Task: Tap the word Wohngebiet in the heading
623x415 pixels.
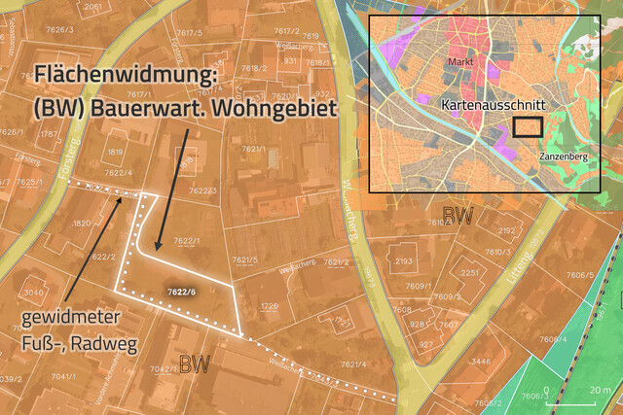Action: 275,107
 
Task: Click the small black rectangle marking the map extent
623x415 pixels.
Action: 528,126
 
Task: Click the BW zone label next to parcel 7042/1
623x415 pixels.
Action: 195,365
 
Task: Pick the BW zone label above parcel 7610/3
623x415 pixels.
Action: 457,215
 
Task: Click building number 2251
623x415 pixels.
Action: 470,274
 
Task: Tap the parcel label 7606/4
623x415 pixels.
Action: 552,339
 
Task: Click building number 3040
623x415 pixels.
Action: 34,292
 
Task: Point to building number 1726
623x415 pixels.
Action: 270,306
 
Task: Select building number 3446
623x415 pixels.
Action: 480,361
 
